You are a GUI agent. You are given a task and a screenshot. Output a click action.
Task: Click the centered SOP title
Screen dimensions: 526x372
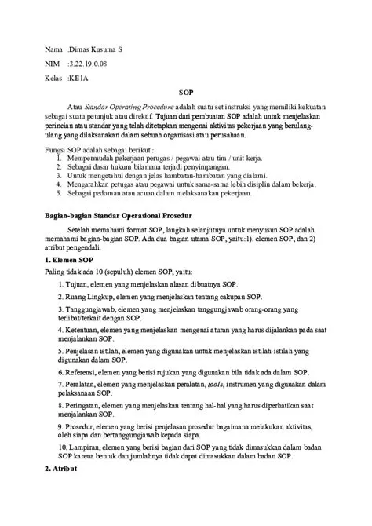pyautogui.click(x=185, y=91)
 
